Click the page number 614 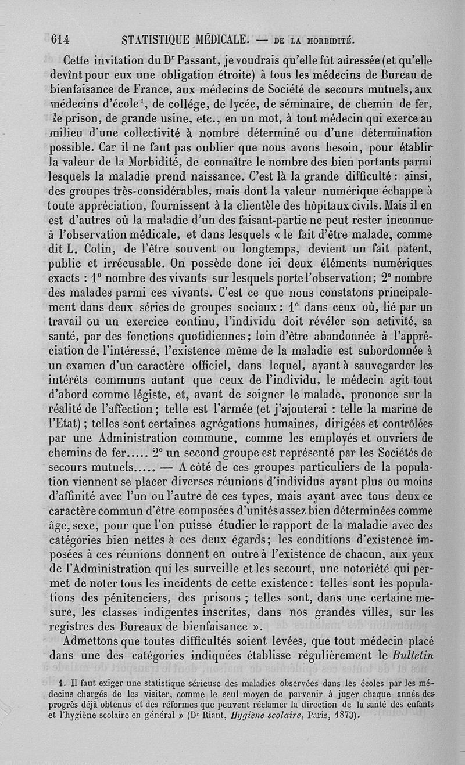coord(60,39)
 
